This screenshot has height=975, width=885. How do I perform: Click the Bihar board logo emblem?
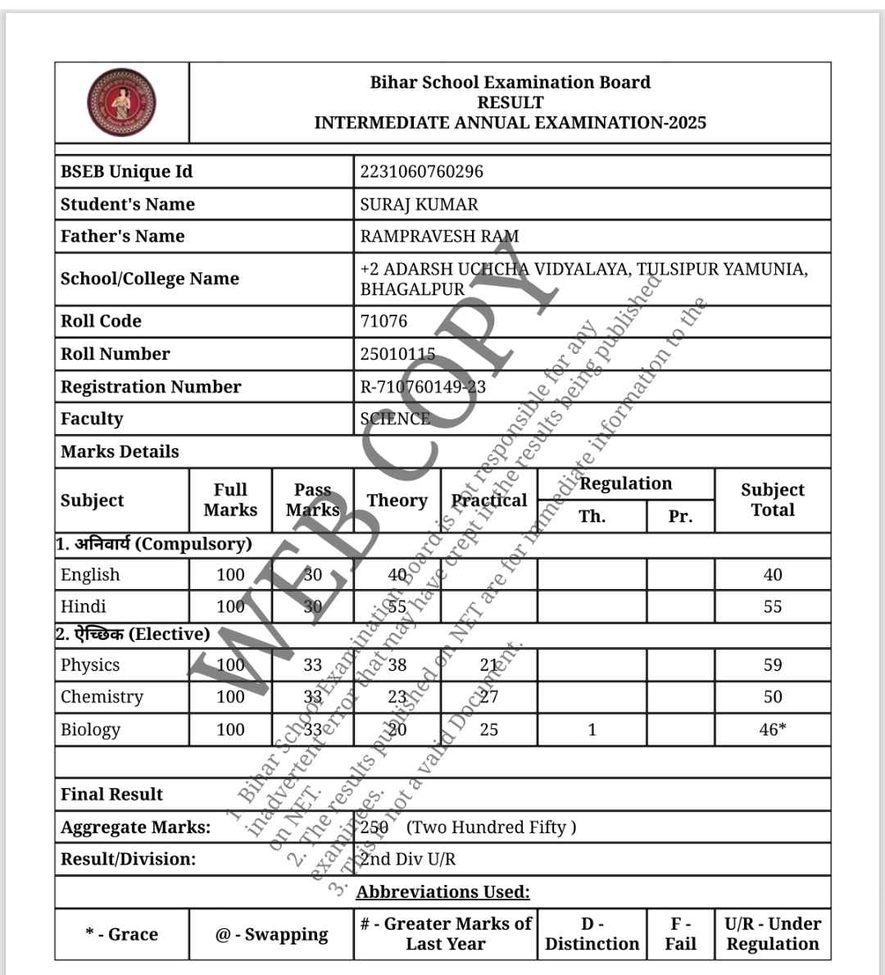pos(121,102)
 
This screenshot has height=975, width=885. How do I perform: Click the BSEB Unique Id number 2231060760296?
pos(421,171)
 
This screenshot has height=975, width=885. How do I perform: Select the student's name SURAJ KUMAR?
pos(419,204)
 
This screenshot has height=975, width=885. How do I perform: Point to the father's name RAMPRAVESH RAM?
pos(439,236)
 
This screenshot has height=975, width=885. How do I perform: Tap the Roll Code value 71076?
pos(383,321)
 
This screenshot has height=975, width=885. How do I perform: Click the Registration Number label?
pos(151,387)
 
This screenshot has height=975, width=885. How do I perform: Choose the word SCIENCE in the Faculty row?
pos(395,419)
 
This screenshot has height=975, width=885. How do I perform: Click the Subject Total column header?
pos(772,500)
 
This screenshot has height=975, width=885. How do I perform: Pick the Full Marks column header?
pos(230,500)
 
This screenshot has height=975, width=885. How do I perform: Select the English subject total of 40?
pos(772,575)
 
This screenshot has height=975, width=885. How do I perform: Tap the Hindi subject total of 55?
pos(772,607)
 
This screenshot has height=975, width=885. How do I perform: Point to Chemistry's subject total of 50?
pos(772,697)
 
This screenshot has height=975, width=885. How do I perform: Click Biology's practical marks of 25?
pos(488,729)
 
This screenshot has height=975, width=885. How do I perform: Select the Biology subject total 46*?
pos(772,729)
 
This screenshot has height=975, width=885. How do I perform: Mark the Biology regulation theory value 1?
pos(592,729)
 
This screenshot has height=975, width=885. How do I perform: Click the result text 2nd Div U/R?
pos(408,859)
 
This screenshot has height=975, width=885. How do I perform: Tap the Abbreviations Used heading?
pos(442,892)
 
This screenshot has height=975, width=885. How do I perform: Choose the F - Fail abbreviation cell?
pos(680,934)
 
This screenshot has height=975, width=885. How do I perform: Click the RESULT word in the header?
pos(510,102)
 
